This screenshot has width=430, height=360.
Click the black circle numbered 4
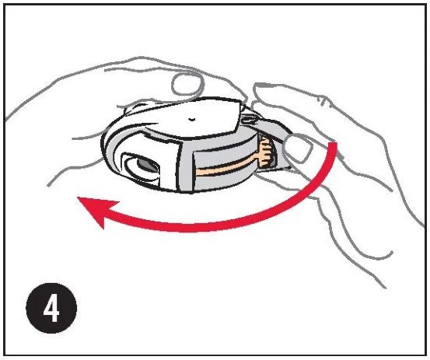coord(51,308)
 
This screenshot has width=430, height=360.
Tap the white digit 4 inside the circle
coord(51,309)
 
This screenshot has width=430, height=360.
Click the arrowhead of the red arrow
coord(96,211)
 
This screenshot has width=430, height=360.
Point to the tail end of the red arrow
coord(333,144)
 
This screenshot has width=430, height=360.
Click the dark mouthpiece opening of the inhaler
coord(148,166)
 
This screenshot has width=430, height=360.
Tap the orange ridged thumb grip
coord(264,152)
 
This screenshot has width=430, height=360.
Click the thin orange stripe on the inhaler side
coord(226,166)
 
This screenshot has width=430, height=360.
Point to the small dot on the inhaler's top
coord(191,119)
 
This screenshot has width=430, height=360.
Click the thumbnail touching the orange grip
coord(298,147)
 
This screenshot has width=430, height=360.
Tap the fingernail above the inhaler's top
coord(188,85)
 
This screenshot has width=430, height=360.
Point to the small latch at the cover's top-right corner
coord(247,117)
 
